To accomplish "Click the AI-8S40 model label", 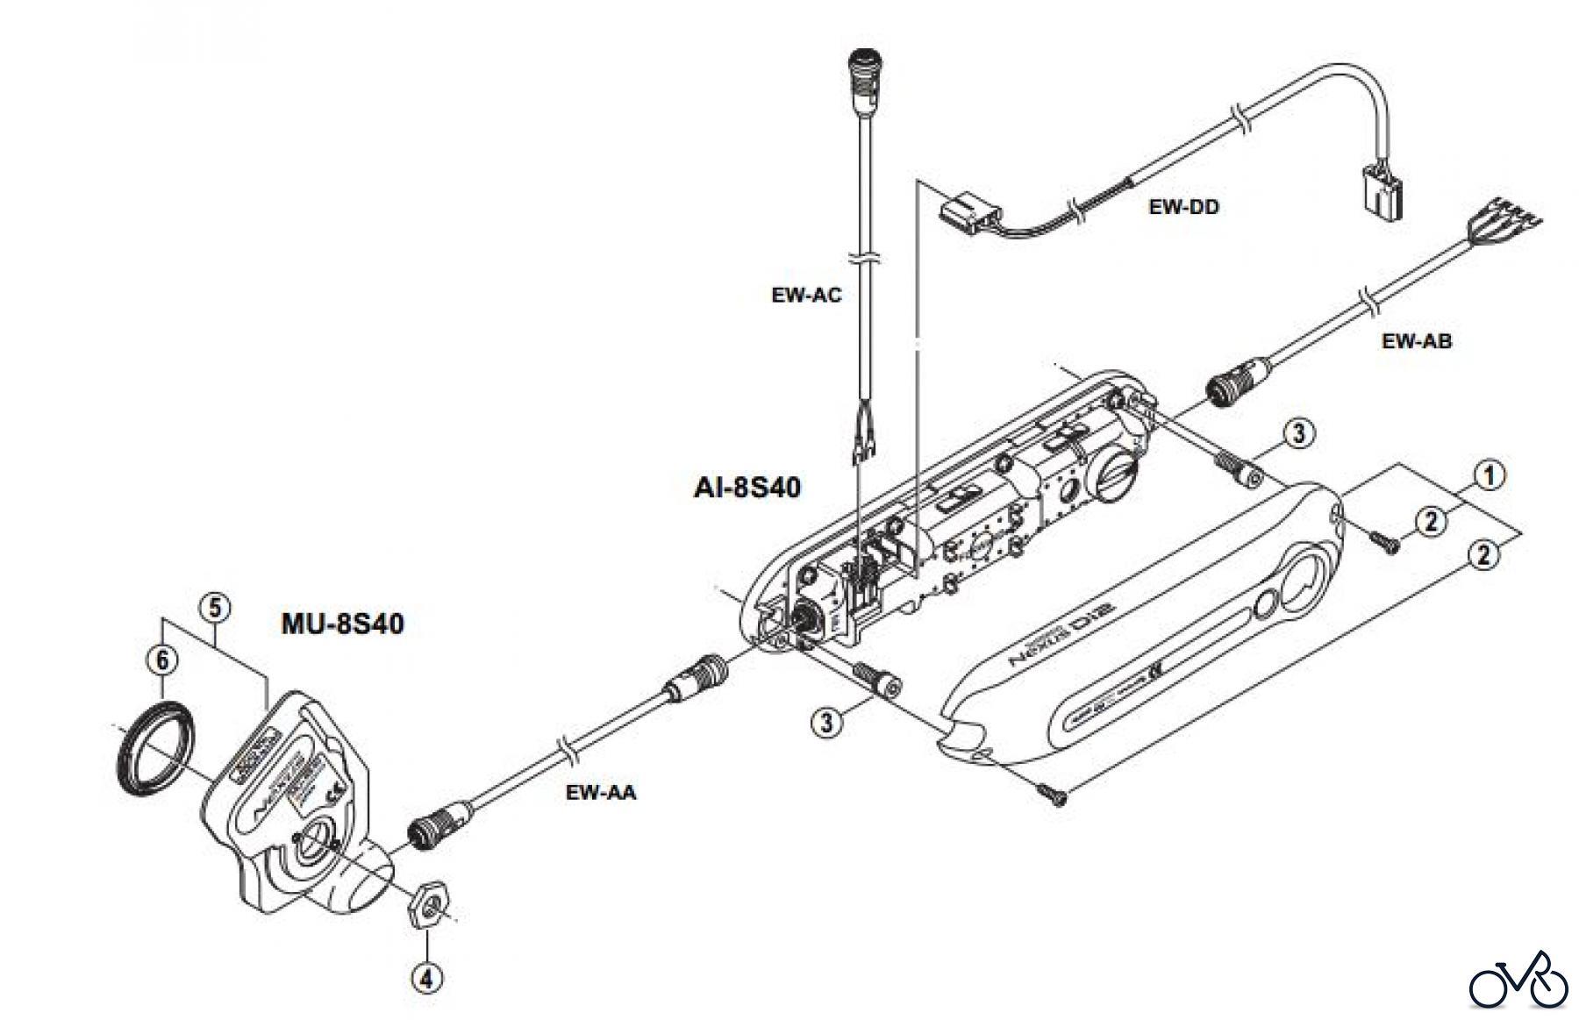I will tap(747, 487).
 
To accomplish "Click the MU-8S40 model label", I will tap(342, 624).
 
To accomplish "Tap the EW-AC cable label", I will tap(806, 295).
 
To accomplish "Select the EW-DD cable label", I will tap(1183, 207).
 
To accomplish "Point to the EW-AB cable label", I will tap(1416, 341).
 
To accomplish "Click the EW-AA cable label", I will tap(600, 793).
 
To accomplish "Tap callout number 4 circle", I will tap(426, 978).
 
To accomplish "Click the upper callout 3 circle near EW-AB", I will tap(1298, 432).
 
